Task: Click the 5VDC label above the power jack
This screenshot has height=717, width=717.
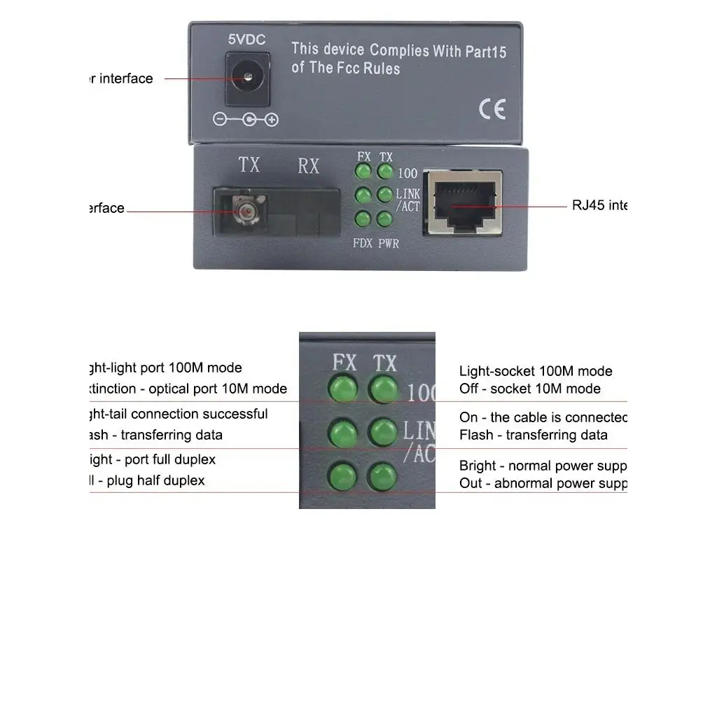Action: tap(246, 39)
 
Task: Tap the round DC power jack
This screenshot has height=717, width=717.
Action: tap(246, 79)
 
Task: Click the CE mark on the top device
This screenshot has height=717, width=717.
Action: tap(492, 110)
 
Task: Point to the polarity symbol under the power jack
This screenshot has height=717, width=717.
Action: tap(246, 120)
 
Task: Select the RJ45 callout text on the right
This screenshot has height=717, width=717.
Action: tap(599, 205)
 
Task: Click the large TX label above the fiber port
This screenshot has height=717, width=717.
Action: tap(249, 165)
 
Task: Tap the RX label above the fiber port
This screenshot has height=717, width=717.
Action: tap(308, 166)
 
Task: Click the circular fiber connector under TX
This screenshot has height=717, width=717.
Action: tap(245, 210)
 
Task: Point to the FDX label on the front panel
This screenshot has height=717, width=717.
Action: tap(363, 244)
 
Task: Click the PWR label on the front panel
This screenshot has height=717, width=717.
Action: tap(389, 244)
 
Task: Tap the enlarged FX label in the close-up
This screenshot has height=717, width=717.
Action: tap(344, 362)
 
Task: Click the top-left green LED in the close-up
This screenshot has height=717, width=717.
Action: tap(343, 387)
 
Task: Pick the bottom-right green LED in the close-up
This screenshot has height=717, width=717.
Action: tap(383, 477)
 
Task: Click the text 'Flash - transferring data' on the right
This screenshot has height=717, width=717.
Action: tap(533, 435)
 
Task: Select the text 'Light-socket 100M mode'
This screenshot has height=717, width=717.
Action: tap(536, 371)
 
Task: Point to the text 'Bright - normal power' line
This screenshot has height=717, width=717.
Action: tap(542, 466)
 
